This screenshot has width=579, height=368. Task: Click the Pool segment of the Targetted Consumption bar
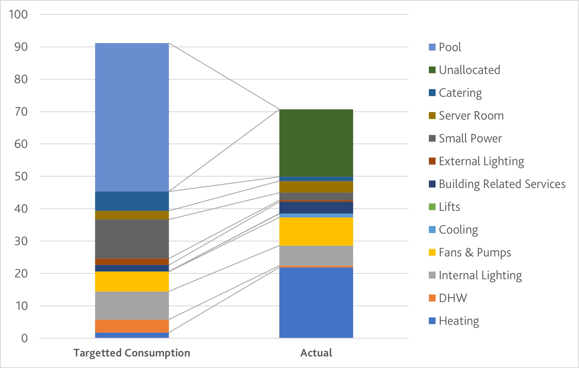point(132,117)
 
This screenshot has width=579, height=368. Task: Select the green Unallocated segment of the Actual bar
point(316,143)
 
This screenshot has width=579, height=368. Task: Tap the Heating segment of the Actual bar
point(316,303)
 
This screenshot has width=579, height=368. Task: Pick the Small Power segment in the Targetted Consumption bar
point(132,239)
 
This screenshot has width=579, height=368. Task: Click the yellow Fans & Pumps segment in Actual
point(316,231)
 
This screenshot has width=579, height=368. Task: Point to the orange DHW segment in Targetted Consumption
point(132,326)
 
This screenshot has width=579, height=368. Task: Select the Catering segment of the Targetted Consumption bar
point(132,201)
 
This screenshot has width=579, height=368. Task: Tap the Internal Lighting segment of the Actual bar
point(316,256)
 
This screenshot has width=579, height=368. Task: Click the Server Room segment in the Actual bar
point(316,187)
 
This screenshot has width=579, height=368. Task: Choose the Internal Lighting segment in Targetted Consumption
point(132,305)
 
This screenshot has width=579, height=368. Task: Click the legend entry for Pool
point(450,47)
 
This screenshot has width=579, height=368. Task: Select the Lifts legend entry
point(449,207)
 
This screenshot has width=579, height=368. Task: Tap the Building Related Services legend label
point(502,184)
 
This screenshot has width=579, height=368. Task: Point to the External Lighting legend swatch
point(432,161)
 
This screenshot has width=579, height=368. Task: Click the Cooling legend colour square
point(432,230)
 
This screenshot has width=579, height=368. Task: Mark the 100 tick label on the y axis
point(18,15)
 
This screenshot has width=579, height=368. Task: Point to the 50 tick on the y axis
point(21,176)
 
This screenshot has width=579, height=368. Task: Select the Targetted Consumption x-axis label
point(132,353)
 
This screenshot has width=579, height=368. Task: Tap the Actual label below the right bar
point(316,353)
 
